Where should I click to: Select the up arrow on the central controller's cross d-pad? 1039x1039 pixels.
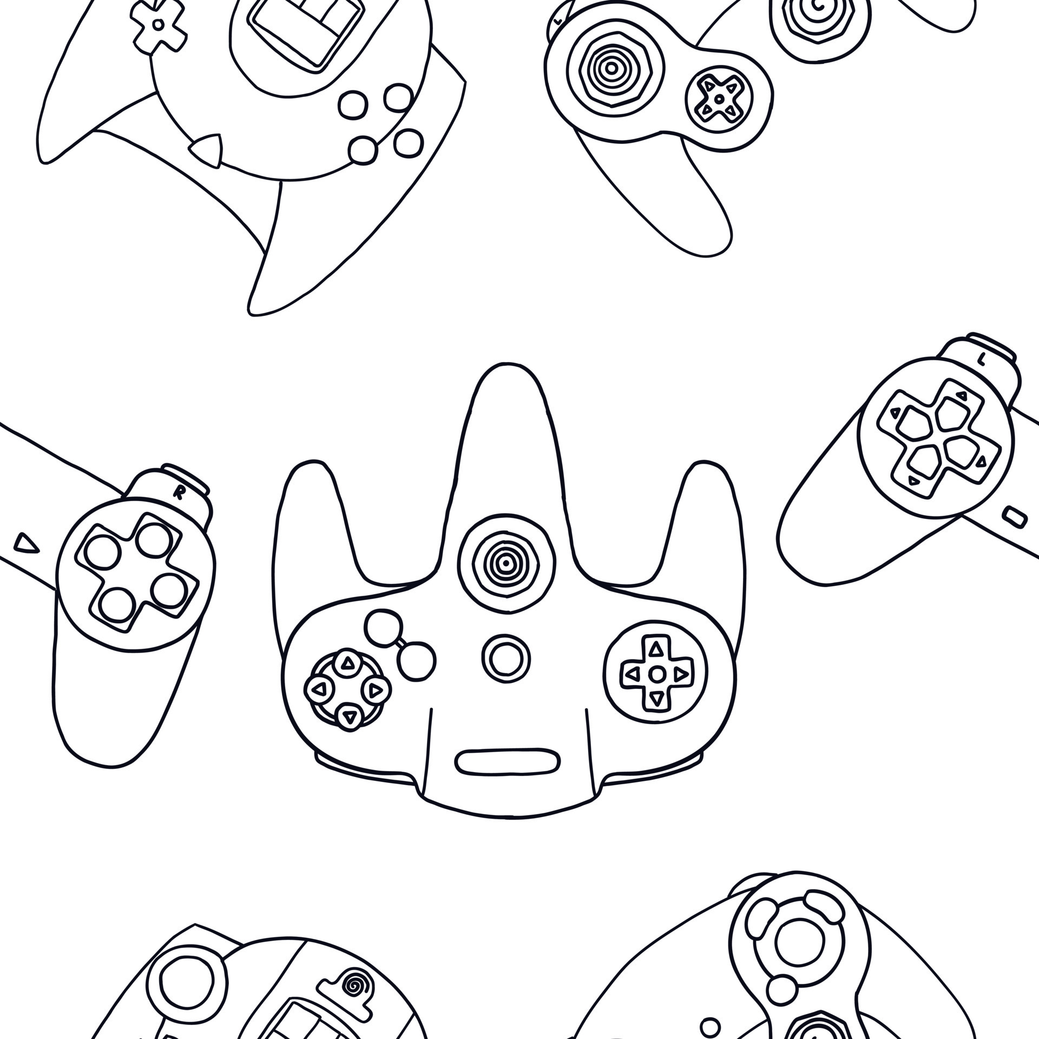pos(656,648)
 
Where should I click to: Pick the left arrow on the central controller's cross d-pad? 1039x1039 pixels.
pos(631,674)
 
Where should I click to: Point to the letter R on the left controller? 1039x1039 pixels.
pos(177,492)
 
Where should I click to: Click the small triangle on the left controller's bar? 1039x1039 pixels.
pos(26,542)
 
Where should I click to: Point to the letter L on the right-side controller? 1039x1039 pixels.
pos(981,358)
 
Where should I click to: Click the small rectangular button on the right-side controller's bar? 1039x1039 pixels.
pos(1014,516)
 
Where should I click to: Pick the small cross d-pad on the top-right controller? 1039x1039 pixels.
pos(718,99)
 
